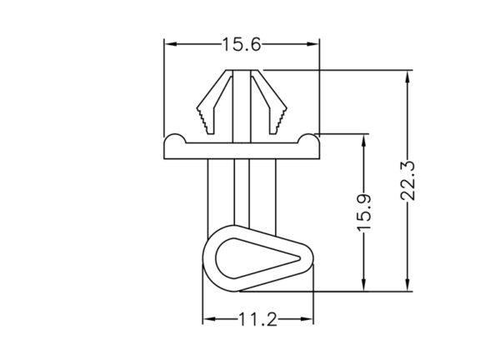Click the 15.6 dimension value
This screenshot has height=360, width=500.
click(242, 44)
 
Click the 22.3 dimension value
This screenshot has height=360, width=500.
click(407, 181)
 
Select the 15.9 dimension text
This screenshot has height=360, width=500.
click(364, 212)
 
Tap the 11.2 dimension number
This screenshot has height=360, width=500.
click(258, 319)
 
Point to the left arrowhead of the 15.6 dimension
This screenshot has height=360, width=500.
click(171, 44)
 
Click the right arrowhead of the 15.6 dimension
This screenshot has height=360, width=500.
click(312, 44)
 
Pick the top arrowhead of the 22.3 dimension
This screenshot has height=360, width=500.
click(407, 77)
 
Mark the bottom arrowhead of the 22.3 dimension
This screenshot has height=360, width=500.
click(407, 284)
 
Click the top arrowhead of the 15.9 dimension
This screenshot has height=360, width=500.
click(364, 142)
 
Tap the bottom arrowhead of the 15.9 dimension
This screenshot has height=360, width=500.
click(364, 284)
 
